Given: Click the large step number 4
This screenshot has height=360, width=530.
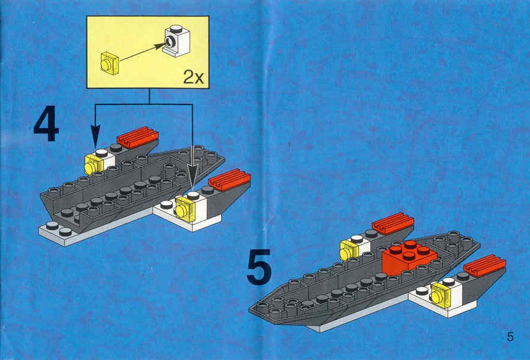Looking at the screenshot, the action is [x=47, y=123].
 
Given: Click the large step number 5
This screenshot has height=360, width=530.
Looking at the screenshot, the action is [x=259, y=266].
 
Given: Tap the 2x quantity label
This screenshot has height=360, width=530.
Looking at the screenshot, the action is [x=193, y=77].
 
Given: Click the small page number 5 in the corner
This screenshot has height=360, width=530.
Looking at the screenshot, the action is [x=510, y=336].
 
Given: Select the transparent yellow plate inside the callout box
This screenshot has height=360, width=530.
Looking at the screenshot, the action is [x=109, y=63].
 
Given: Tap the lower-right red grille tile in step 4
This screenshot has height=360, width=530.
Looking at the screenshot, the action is [x=230, y=179].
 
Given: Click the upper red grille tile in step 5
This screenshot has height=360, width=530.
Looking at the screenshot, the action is [x=393, y=223].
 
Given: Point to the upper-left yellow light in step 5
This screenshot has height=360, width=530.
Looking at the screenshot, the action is [x=349, y=250].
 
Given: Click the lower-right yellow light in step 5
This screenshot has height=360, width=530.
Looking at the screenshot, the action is [x=441, y=295].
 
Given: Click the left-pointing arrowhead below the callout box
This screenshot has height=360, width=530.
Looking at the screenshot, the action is [x=95, y=135].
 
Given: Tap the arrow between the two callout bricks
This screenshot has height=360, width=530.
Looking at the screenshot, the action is [x=142, y=53].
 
